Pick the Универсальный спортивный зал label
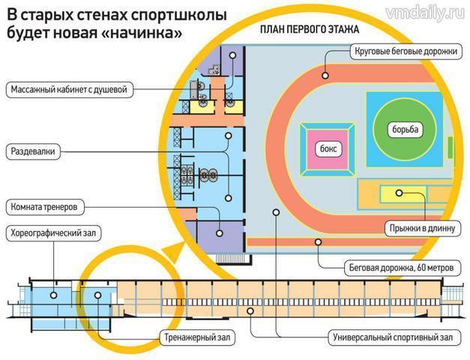[390, 337]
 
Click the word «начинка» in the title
[143, 33]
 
